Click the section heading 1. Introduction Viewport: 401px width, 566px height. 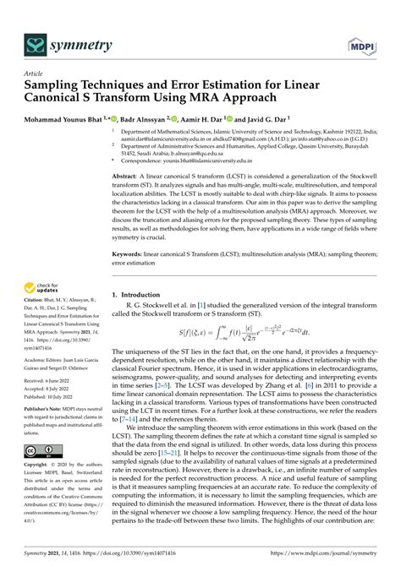[x=139, y=295]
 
